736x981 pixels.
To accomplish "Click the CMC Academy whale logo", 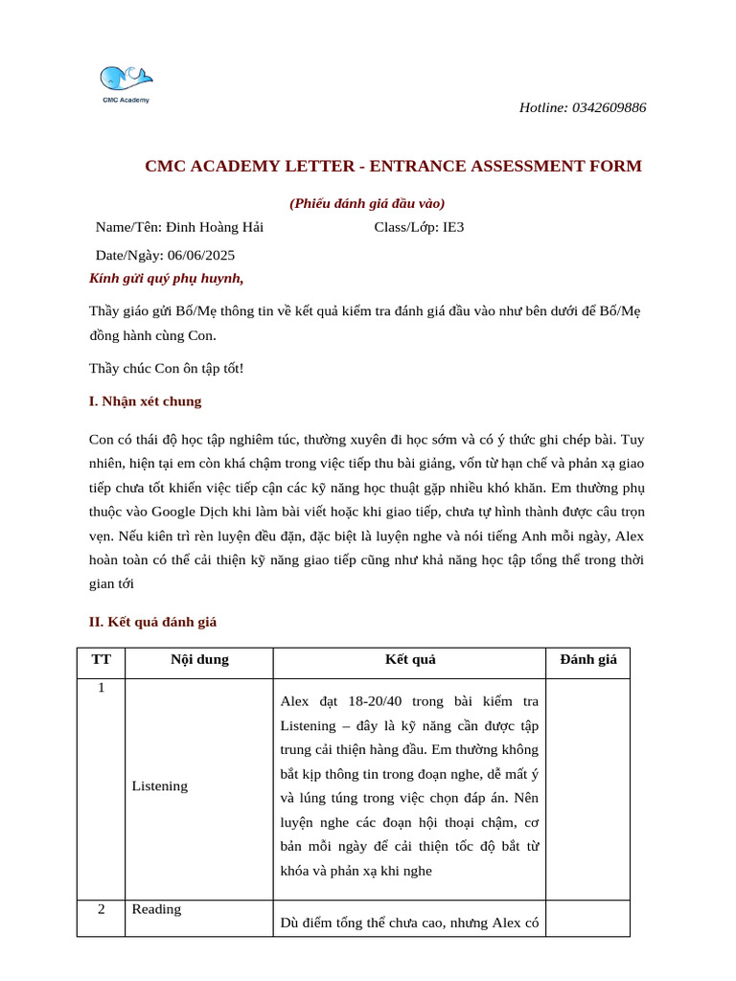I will [x=126, y=82].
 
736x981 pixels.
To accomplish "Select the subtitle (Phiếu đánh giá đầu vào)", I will [x=367, y=203].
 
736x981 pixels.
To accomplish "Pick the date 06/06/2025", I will [x=201, y=255].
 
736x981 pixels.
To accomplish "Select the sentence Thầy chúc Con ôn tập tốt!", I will [x=167, y=368].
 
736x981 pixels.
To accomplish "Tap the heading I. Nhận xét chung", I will [x=146, y=401].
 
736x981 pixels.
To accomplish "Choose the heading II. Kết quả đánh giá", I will [x=153, y=622].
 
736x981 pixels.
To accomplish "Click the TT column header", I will [x=101, y=659].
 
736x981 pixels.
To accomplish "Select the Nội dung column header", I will [x=199, y=659].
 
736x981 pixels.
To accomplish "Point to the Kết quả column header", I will [x=410, y=659].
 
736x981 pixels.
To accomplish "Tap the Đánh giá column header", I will [x=588, y=659].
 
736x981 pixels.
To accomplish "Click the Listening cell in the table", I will [x=160, y=786].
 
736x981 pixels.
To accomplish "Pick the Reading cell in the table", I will [x=156, y=909].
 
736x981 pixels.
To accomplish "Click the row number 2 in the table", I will [x=101, y=909].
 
